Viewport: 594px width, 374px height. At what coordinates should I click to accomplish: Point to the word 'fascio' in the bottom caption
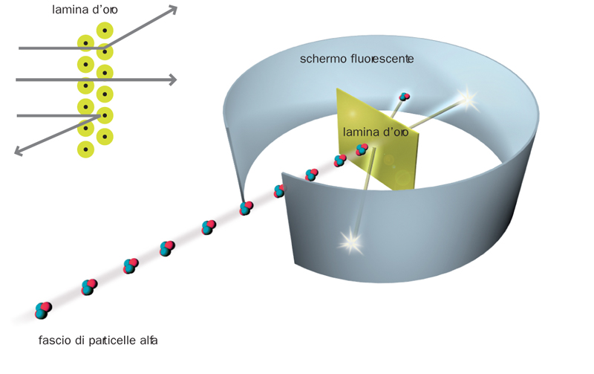tap(53, 341)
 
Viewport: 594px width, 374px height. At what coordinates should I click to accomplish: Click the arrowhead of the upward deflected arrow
tap(172, 10)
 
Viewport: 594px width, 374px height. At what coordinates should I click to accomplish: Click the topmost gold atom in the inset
tap(105, 31)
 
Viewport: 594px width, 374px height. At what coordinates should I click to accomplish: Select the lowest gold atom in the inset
tap(86, 149)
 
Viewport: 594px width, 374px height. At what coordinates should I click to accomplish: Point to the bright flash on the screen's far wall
tap(466, 97)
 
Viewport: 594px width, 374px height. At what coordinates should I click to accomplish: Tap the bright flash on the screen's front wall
tap(350, 240)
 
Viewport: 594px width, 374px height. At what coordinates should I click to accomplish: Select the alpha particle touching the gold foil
tap(362, 149)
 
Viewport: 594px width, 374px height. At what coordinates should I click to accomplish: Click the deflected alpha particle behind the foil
tap(404, 97)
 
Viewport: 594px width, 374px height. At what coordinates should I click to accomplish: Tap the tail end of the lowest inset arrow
tap(19, 115)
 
